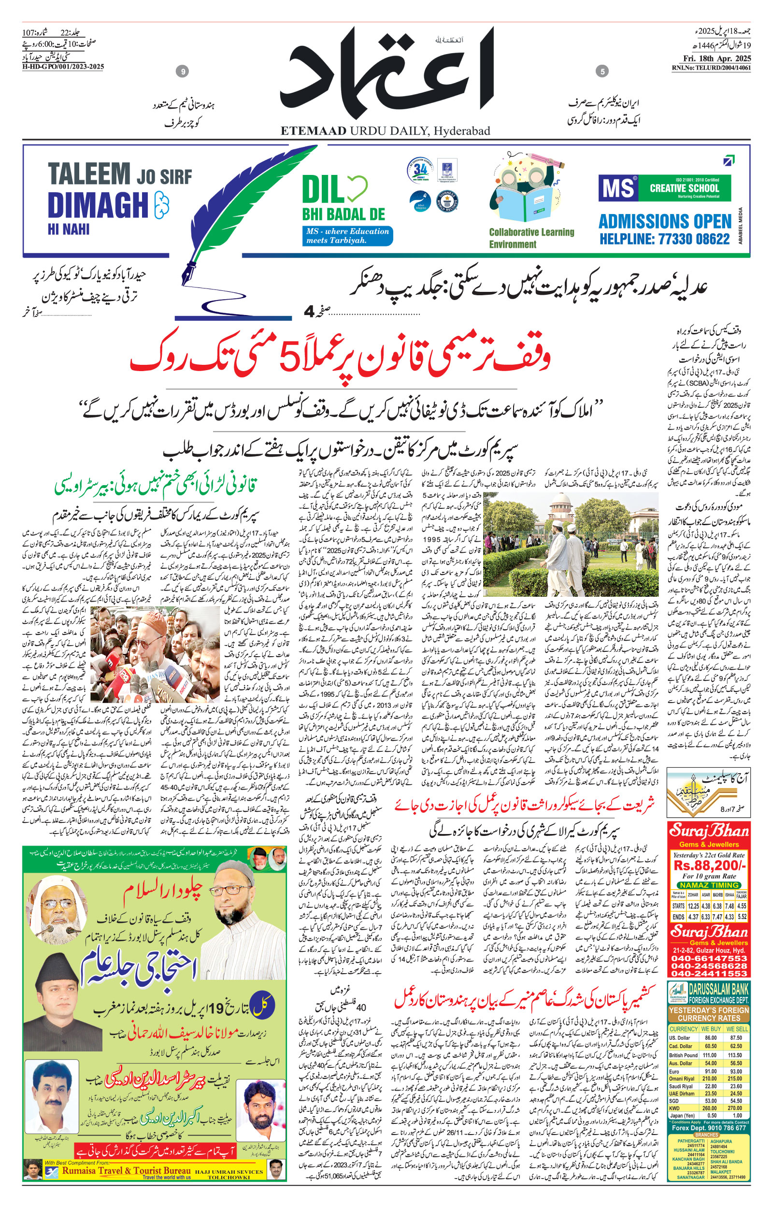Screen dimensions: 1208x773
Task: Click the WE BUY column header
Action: pos(710,1028)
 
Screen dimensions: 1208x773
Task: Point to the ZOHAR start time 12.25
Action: pos(693,906)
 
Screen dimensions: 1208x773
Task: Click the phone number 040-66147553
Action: pos(709,958)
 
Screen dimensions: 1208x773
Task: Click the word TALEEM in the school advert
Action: pos(89,173)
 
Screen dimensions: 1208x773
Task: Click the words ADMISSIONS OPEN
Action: pos(665,221)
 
